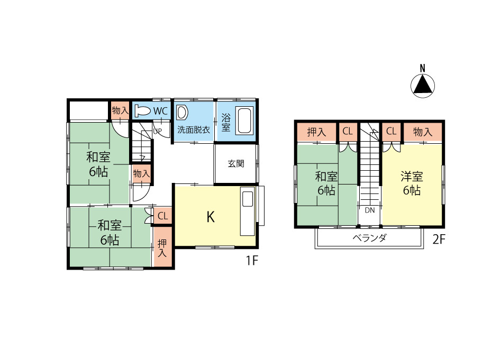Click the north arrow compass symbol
tap(423, 84)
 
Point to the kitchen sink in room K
tap(247, 199)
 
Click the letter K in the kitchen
tap(210, 217)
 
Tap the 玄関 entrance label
tap(236, 164)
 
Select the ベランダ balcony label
tap(370, 238)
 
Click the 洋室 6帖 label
tap(412, 183)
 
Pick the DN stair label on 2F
tap(369, 210)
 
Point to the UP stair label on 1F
tap(157, 131)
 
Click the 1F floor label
tap(251, 261)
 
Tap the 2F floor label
tap(439, 239)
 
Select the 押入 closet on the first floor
tap(162, 248)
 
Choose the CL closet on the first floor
tap(162, 216)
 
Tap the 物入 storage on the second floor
tap(423, 132)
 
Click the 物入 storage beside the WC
tap(120, 111)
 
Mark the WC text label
tap(160, 111)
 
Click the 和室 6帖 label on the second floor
tap(326, 183)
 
